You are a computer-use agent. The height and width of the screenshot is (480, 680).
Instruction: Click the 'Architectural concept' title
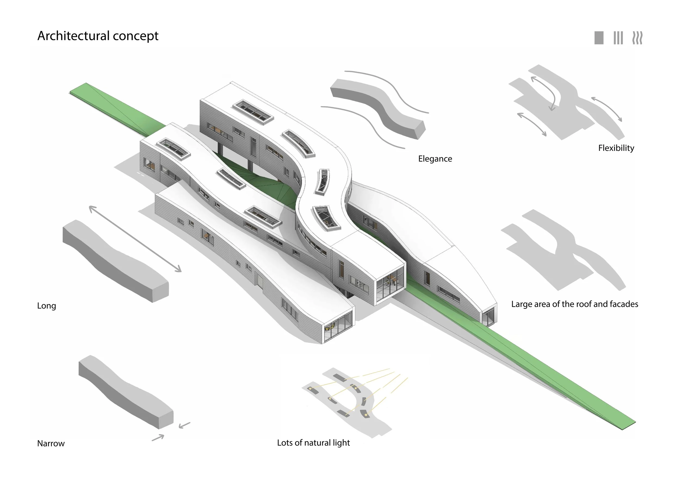pos(98,36)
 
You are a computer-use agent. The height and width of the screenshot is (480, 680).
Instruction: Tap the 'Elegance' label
pos(435,159)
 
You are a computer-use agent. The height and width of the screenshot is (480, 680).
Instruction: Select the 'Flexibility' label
pos(616,148)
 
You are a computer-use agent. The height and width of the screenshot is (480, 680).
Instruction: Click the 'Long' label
pos(47,306)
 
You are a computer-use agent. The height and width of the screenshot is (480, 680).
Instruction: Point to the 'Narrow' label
pos(51,443)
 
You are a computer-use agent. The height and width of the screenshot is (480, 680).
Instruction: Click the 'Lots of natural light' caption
pos(313,443)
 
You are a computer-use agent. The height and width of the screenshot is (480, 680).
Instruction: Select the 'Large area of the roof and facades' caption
pos(574,304)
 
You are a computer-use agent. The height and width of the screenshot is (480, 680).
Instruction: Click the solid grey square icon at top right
pos(599,38)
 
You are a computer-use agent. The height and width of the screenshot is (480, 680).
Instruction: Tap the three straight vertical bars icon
pos(618,38)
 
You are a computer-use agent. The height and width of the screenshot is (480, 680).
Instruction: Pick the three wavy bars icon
pos(637,38)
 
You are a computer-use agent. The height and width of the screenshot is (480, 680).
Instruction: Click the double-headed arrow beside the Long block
pos(135,239)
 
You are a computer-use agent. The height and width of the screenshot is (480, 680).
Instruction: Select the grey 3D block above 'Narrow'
pos(126,392)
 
